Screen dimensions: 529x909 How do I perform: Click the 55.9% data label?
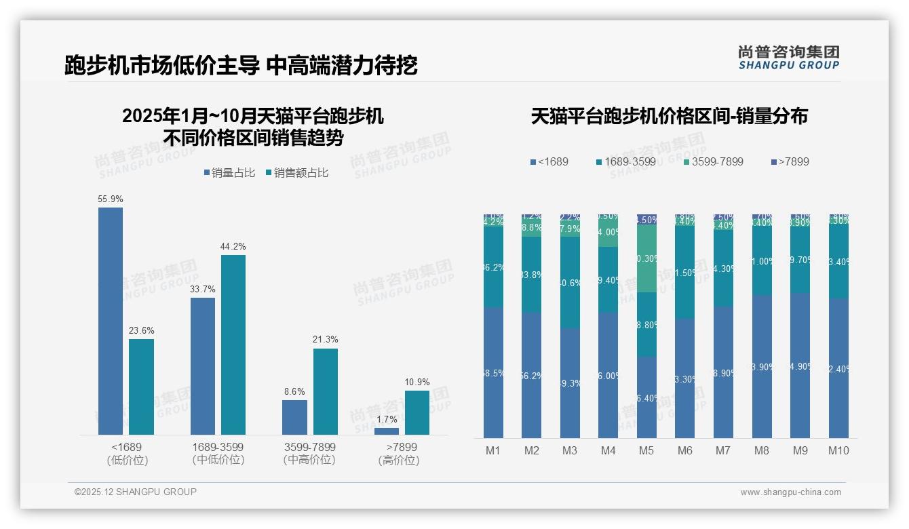pyautogui.click(x=111, y=199)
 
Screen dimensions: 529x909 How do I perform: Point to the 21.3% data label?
pyautogui.click(x=325, y=339)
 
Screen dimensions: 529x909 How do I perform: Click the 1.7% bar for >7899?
pyautogui.click(x=387, y=431)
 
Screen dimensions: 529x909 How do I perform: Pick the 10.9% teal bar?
pyautogui.click(x=417, y=412)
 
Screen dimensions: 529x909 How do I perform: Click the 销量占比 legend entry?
pyautogui.click(x=229, y=173)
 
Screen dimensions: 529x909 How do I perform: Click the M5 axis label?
pyautogui.click(x=646, y=450)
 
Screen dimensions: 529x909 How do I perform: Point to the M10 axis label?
pyautogui.click(x=838, y=450)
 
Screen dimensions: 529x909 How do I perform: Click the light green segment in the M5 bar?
pyautogui.click(x=646, y=258)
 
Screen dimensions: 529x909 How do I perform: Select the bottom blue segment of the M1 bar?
pyautogui.click(x=493, y=372)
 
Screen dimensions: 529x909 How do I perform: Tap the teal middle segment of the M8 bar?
pyautogui.click(x=762, y=260)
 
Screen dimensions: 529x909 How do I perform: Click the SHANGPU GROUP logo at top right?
pyautogui.click(x=788, y=58)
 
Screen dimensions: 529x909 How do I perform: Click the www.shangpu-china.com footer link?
pyautogui.click(x=790, y=492)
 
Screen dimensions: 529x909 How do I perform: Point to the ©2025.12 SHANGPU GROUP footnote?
pyautogui.click(x=136, y=492)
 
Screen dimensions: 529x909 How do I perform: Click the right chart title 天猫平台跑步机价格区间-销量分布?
pyautogui.click(x=669, y=117)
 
